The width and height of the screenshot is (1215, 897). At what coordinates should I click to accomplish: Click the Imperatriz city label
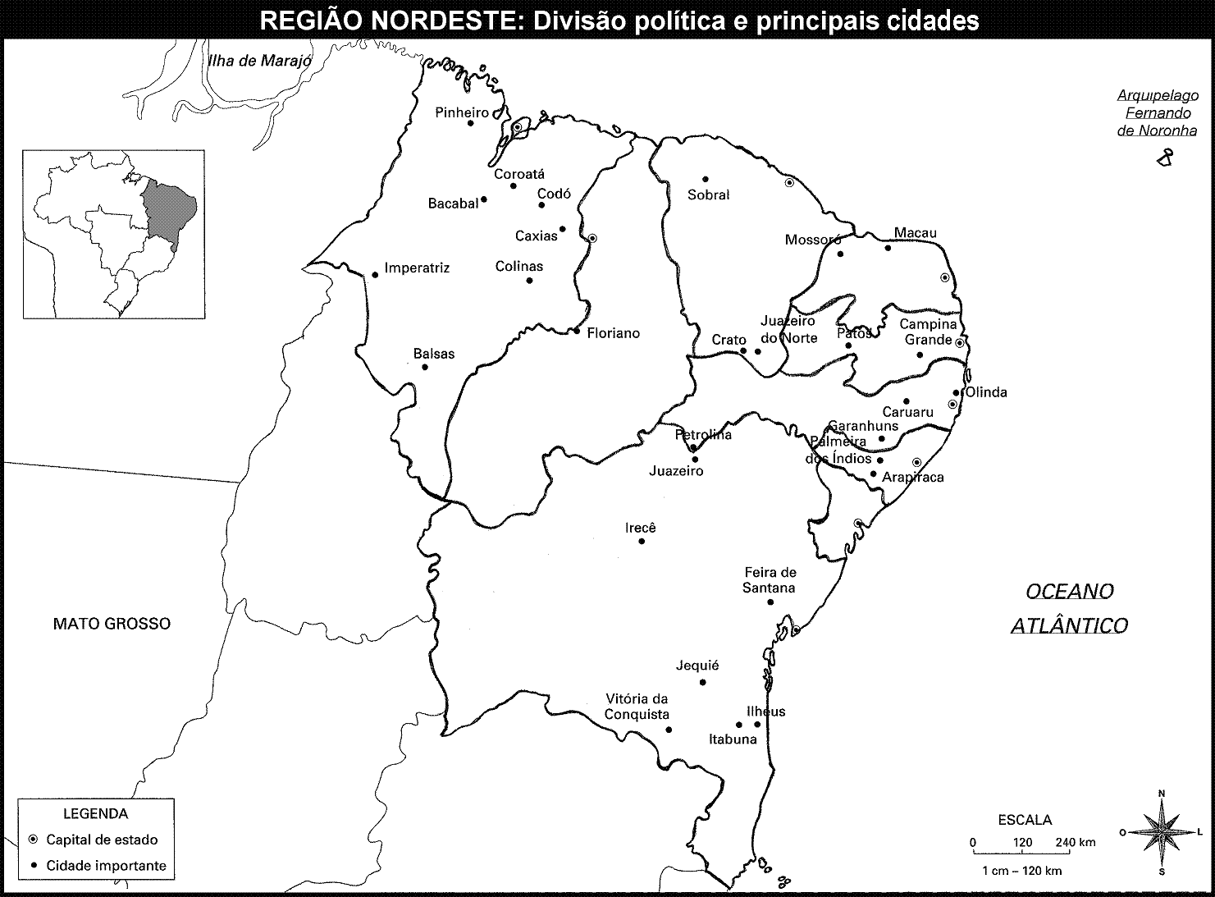(417, 268)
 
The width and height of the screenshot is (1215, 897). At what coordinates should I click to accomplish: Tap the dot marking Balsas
(425, 367)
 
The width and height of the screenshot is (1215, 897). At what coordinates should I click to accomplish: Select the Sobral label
(709, 195)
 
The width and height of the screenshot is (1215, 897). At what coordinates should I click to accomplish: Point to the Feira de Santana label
(770, 580)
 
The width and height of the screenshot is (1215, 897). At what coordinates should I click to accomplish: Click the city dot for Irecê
(642, 541)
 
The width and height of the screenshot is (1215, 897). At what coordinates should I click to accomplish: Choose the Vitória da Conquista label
(637, 707)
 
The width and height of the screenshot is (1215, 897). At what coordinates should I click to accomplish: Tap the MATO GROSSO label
(112, 624)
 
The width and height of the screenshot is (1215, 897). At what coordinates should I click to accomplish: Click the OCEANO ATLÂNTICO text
(1069, 608)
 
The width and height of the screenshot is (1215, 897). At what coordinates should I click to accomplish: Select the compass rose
(1162, 832)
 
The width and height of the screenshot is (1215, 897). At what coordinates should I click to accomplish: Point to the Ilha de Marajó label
(260, 61)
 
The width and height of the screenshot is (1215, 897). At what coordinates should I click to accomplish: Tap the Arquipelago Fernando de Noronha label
(1157, 113)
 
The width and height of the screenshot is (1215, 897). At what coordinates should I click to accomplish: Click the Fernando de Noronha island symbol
(1163, 159)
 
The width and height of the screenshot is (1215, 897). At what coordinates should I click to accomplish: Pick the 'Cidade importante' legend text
(106, 866)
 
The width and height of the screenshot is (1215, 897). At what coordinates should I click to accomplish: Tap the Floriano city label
(613, 334)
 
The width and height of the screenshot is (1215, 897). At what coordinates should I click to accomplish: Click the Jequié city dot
(702, 682)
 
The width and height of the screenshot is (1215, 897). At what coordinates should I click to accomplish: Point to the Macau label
(915, 233)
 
